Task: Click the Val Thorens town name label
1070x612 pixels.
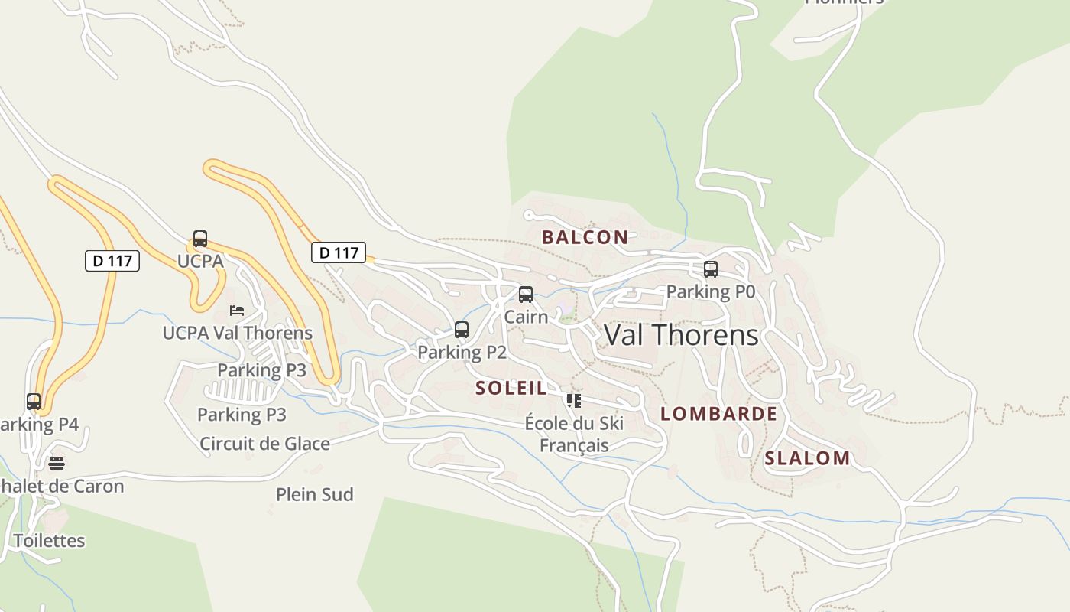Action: (x=681, y=335)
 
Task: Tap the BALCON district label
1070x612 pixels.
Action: (x=585, y=237)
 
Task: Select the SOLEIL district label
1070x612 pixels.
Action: (x=511, y=388)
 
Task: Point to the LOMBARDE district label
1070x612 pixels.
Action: (x=718, y=414)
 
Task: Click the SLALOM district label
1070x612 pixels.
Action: (x=807, y=458)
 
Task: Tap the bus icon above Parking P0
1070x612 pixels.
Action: (x=711, y=269)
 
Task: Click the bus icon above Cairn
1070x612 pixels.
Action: (x=526, y=295)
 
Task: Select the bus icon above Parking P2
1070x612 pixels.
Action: (x=462, y=330)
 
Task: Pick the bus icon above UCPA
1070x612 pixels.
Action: (x=200, y=239)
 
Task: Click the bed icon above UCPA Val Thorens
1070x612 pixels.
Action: (x=237, y=311)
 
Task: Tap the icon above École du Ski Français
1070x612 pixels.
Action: (x=574, y=400)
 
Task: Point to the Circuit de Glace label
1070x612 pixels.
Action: (x=264, y=444)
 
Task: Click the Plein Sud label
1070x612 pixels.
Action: (x=315, y=494)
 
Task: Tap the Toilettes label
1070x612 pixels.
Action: (x=49, y=540)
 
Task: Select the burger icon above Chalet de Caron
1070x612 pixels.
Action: (x=57, y=463)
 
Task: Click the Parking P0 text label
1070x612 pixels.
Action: (x=711, y=291)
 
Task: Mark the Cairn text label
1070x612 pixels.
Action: (x=526, y=316)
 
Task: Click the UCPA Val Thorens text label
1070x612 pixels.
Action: (x=237, y=333)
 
